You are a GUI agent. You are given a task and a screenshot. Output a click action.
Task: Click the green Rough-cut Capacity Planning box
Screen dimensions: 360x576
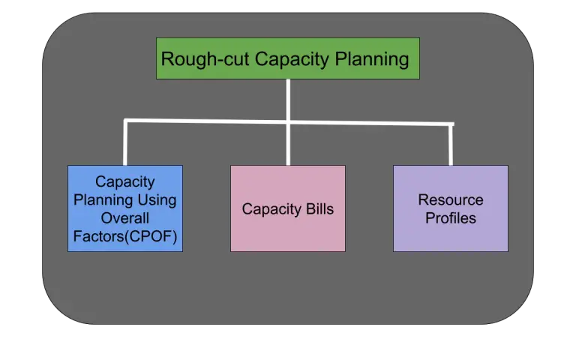coord(288,58)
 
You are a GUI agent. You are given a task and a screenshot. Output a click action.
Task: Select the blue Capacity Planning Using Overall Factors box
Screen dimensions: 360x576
coord(125,208)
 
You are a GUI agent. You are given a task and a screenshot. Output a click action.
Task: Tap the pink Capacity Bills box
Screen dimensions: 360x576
coord(288,208)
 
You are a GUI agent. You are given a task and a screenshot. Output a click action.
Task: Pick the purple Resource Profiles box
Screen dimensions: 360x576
coord(450,208)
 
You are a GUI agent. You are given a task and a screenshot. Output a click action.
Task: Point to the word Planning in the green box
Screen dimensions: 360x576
coord(373,58)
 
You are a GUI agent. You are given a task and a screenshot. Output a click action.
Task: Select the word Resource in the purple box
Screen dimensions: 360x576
coord(450,200)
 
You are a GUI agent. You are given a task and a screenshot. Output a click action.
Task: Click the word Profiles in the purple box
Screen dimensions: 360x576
coord(450,218)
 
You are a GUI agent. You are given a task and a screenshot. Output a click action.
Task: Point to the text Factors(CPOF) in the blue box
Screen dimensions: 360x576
coord(125,237)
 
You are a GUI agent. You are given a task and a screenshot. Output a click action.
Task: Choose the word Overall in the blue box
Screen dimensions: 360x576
coord(125,218)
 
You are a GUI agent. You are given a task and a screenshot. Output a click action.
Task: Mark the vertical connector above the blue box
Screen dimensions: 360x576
coord(125,142)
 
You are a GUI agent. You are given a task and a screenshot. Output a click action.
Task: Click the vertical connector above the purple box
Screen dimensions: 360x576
coord(451,144)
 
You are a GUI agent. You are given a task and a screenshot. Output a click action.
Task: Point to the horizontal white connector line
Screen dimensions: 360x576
coord(210,121)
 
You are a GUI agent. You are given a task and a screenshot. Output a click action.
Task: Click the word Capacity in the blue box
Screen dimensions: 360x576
coord(125,181)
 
